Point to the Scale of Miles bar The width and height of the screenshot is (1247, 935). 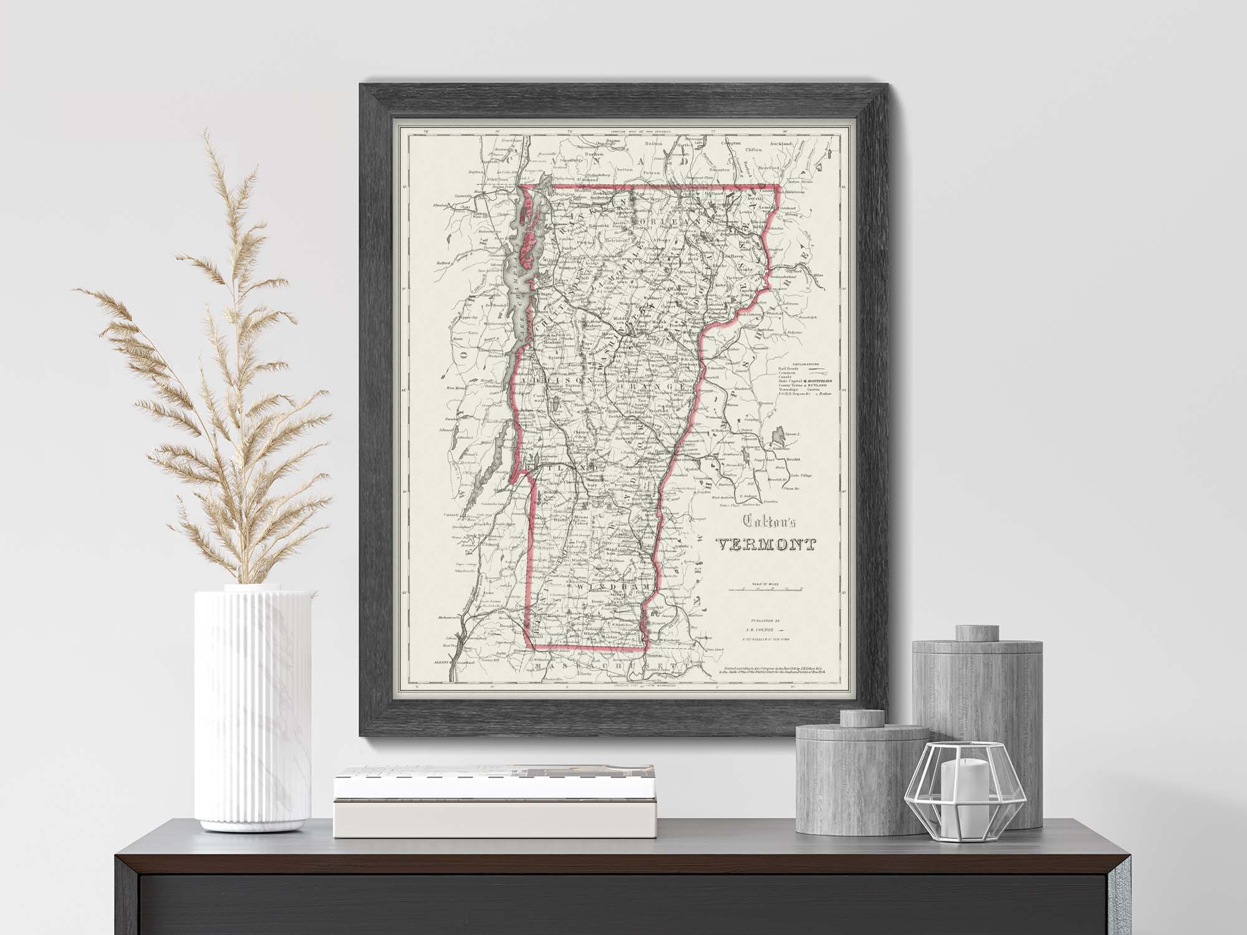(x=766, y=588)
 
